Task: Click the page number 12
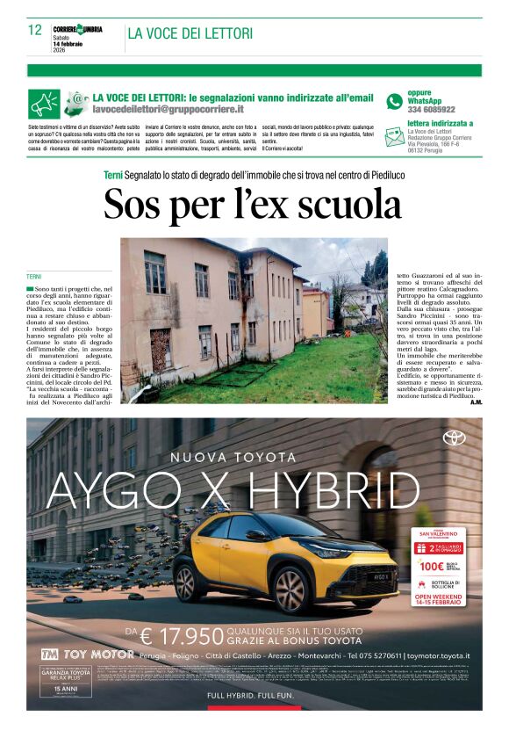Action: click(34, 30)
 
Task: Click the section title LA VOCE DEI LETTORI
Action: click(190, 33)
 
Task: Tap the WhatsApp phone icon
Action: click(394, 101)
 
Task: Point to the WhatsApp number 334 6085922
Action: click(431, 110)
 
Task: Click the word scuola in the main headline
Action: click(343, 204)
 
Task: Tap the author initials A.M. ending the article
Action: click(476, 402)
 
